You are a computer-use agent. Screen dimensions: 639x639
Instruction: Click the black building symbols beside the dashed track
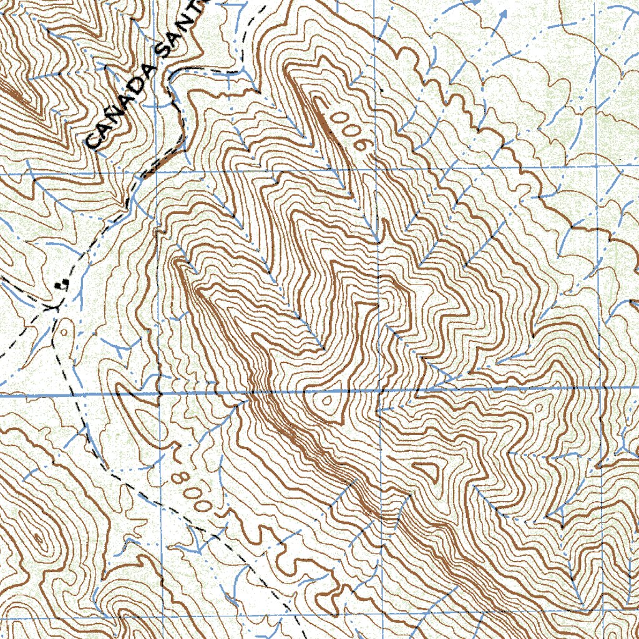(61, 285)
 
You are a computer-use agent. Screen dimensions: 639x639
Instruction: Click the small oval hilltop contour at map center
(325, 402)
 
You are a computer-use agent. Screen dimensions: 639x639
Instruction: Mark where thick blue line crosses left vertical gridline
(159, 394)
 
